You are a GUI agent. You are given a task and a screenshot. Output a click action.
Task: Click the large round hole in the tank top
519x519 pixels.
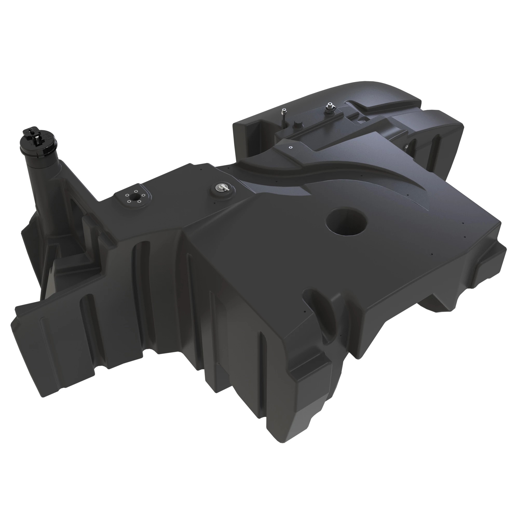click(x=346, y=221)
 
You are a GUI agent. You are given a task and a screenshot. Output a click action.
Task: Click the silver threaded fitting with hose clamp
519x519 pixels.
click(x=329, y=108)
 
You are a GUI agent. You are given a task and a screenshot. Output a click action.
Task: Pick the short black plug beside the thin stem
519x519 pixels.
click(x=297, y=124)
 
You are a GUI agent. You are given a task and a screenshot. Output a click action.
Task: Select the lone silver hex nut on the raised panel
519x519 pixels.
click(x=290, y=147)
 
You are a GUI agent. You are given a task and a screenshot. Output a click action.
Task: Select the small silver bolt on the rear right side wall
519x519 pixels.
click(x=406, y=146)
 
